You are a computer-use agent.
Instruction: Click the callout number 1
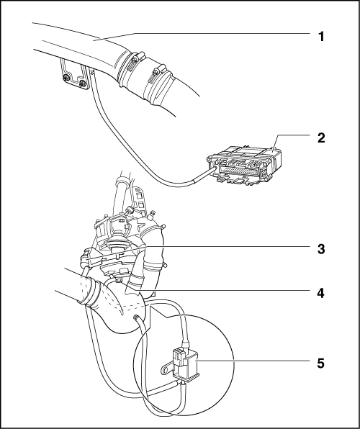coord(321,37)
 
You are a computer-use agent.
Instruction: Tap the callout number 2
coord(321,138)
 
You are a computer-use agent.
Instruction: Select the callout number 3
coord(321,249)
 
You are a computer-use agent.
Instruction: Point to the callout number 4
coord(321,293)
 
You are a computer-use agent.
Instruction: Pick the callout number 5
coord(321,363)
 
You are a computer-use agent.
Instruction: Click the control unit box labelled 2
coord(244,166)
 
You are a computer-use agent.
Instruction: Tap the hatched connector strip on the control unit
coord(238,170)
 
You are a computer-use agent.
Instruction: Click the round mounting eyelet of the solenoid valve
coord(165,371)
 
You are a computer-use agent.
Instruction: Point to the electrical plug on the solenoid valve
coord(178,358)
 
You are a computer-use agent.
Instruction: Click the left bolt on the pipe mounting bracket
coord(66,78)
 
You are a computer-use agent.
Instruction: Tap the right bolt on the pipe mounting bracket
coord(82,83)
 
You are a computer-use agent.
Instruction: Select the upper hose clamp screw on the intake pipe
coord(135,58)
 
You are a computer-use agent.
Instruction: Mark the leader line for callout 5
coord(257,361)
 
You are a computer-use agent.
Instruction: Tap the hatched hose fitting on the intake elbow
coord(135,317)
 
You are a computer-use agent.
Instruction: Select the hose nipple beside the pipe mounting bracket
coord(91,72)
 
